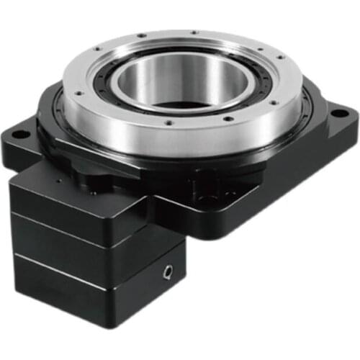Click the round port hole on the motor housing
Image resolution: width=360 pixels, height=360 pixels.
(x=168, y=272)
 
